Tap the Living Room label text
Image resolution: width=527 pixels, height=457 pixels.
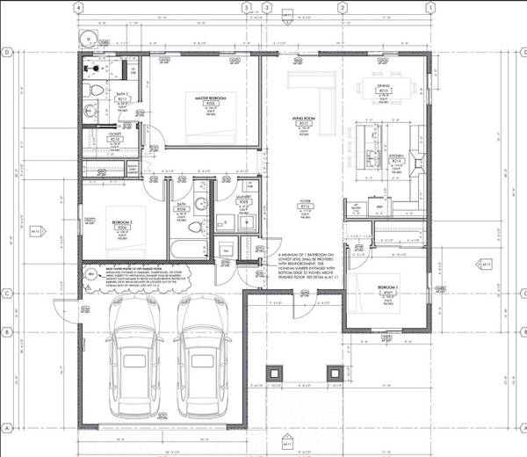[303, 124]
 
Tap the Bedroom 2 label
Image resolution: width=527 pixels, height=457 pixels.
[121, 226]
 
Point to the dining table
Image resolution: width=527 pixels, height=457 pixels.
[384, 88]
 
